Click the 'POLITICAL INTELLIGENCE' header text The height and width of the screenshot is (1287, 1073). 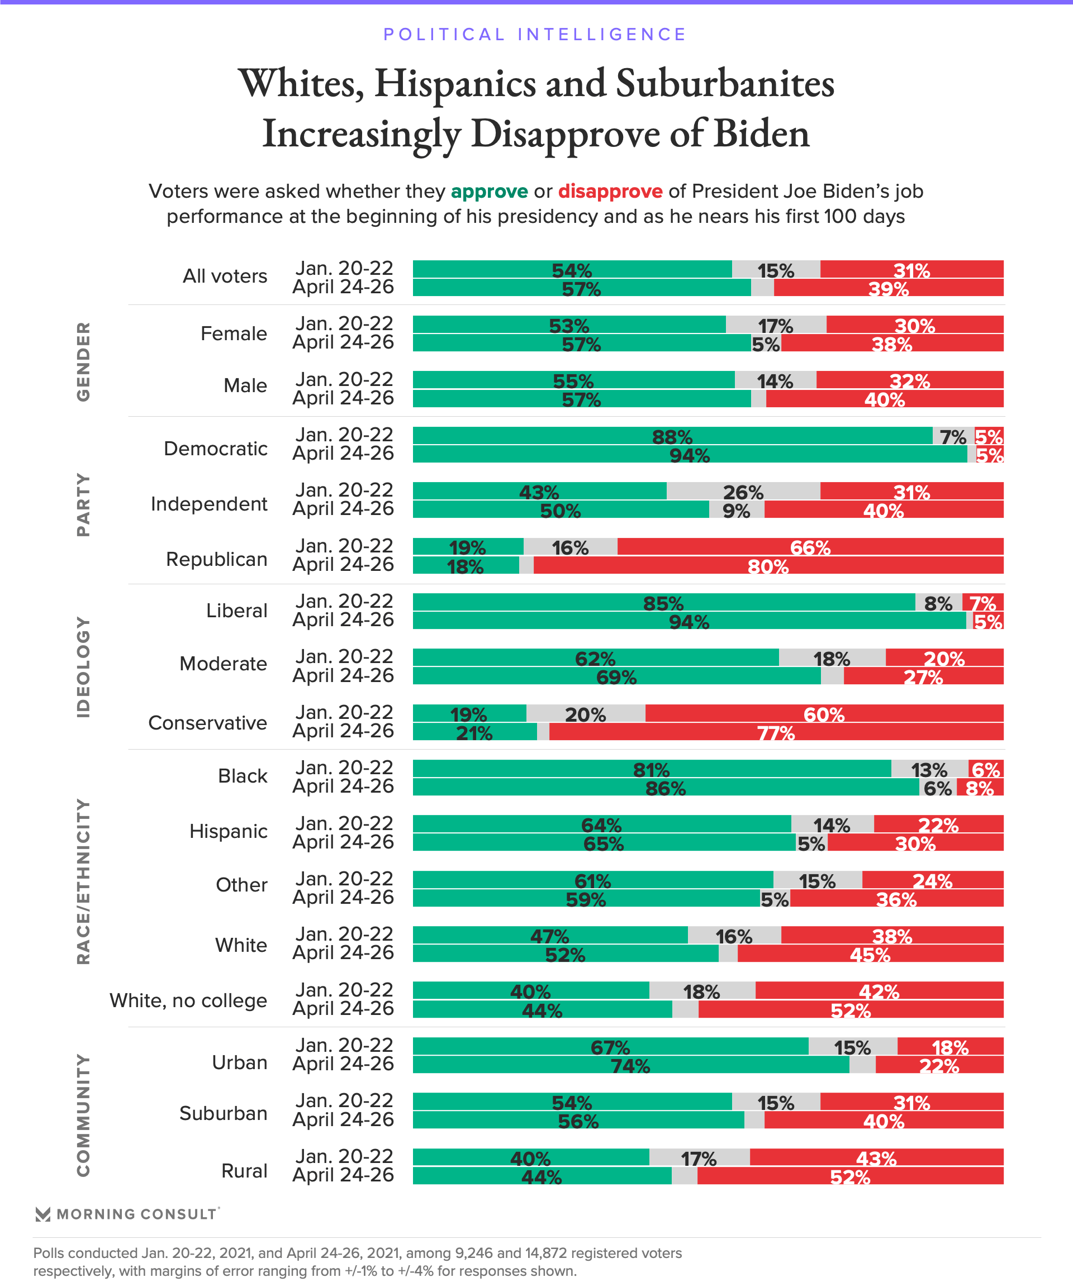tap(535, 34)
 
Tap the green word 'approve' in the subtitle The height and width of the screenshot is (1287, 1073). tap(490, 192)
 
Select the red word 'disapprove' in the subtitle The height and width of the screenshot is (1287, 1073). tap(610, 192)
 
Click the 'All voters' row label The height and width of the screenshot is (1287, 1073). tap(225, 277)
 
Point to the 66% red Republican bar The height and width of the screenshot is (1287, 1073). tap(810, 547)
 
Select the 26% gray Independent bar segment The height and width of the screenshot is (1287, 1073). tap(743, 492)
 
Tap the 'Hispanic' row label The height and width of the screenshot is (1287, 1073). tap(228, 832)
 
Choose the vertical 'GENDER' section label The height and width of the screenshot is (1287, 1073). tap(83, 361)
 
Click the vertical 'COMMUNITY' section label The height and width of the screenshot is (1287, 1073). tap(83, 1116)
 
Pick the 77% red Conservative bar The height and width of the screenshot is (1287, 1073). tap(776, 732)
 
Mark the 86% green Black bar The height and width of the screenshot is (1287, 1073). tap(665, 788)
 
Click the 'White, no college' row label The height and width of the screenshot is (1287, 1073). tap(188, 1001)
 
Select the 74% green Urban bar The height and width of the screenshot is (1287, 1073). tap(630, 1065)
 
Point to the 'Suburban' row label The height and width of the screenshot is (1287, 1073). tap(223, 1114)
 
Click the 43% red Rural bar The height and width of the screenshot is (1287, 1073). tap(876, 1158)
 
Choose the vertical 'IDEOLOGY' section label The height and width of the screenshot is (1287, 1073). tap(83, 667)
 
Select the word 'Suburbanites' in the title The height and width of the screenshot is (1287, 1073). tap(725, 84)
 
